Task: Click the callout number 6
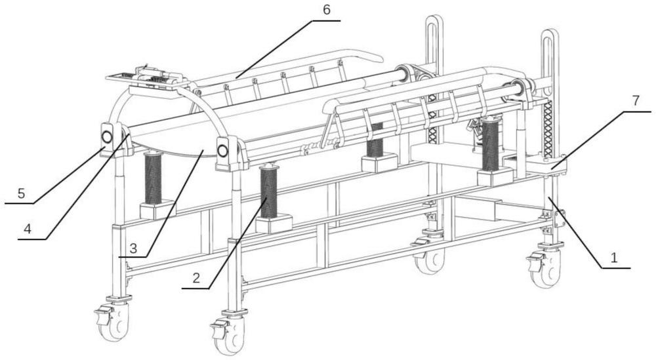point(327,10)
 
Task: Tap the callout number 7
point(636,101)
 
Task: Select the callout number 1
point(614,258)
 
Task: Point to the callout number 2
point(196,278)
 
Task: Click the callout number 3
point(133,249)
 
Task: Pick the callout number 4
point(28,229)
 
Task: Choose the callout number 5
point(22,193)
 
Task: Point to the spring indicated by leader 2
point(268,191)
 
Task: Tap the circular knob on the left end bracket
point(107,137)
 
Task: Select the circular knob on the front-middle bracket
point(222,151)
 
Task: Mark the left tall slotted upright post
point(434,79)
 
